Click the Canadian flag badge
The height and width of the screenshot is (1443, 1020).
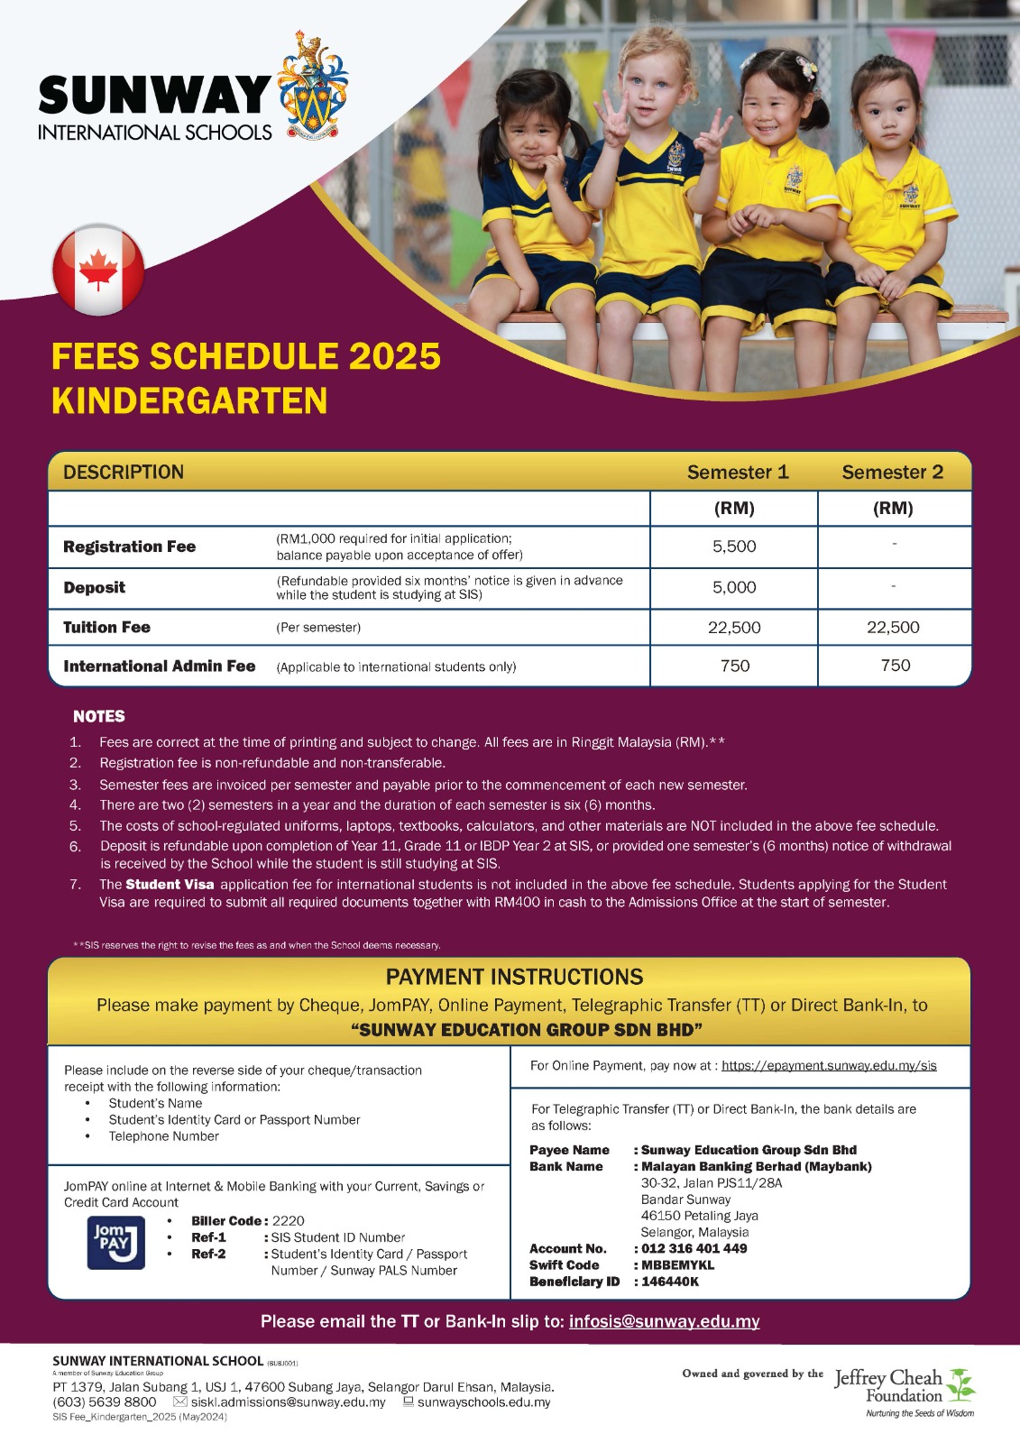pos(98,270)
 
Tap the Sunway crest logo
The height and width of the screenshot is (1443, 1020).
pos(313,87)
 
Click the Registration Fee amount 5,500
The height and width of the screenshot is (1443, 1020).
pos(734,547)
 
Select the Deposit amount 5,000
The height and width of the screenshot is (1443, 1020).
pos(734,587)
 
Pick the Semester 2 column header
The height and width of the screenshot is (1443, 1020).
pos(892,473)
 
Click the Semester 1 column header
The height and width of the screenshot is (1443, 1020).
pos(737,473)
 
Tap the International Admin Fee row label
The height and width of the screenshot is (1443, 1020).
pos(159,666)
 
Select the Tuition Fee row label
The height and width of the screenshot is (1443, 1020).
pos(106,628)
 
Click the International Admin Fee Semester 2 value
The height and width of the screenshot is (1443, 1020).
pos(895,666)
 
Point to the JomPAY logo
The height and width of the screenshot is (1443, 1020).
pos(116,1243)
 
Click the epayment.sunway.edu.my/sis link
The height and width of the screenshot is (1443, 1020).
pos(829,1066)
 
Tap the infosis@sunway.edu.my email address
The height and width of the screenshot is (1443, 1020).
pos(664,1321)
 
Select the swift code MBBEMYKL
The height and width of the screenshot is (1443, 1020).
pos(677,1265)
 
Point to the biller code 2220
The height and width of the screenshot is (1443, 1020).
pos(289,1221)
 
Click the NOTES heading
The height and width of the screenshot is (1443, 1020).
pos(99,716)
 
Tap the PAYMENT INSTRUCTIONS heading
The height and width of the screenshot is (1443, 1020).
pos(514,977)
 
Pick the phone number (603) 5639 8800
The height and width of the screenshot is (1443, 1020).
pos(105,1402)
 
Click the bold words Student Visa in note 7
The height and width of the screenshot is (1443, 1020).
pos(170,885)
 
